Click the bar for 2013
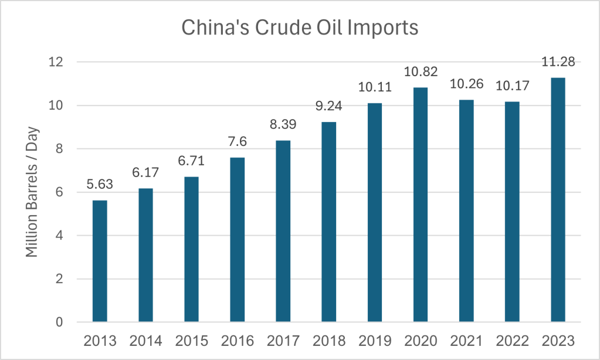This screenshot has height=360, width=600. coord(100,261)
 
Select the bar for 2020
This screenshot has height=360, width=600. coord(421,205)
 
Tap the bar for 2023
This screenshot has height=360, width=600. coord(558,200)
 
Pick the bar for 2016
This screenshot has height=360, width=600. coord(237,240)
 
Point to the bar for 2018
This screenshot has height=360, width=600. coord(328,222)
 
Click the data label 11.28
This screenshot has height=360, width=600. coord(558,61)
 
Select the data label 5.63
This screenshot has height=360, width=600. coord(100,184)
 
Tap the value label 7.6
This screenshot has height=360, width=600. coord(237,141)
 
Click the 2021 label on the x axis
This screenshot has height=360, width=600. coord(466,341)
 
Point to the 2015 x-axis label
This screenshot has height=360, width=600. coord(191,341)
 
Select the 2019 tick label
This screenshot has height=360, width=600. coord(374,341)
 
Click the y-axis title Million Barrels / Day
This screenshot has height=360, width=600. coord(32,192)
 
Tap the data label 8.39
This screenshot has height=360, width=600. coord(283,124)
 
